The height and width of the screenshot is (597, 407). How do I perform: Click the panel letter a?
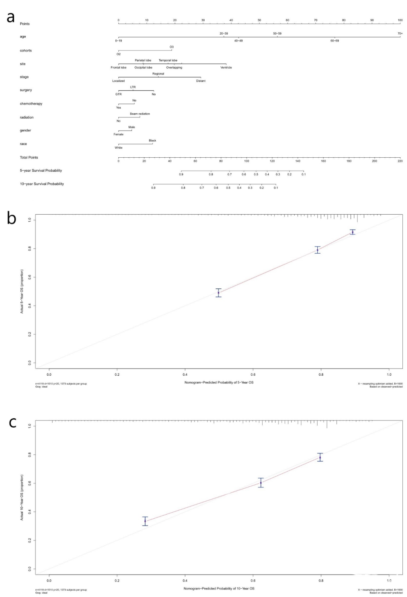[11, 17]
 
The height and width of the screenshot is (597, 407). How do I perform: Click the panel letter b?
[11, 218]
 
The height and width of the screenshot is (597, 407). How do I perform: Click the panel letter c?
[12, 423]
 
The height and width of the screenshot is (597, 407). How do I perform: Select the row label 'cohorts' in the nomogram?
[26, 50]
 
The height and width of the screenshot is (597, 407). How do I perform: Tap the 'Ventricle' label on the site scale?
[226, 67]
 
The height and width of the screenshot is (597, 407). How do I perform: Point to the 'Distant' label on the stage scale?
[200, 81]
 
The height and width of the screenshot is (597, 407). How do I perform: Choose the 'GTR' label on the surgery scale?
[118, 94]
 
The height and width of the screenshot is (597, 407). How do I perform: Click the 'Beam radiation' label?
[140, 114]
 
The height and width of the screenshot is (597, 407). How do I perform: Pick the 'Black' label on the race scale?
[152, 140]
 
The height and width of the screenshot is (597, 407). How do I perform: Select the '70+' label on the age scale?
[400, 34]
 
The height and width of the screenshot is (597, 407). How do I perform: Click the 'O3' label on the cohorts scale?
[171, 47]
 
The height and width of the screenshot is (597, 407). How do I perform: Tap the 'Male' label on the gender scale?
[132, 127]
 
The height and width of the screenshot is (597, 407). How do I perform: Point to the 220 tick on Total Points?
[400, 161]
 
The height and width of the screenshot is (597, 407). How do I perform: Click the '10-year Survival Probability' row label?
[42, 184]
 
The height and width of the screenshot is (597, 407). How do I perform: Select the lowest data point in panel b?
[219, 292]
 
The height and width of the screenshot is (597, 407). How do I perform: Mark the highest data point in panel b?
[352, 232]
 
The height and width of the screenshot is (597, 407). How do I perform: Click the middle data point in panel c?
[261, 483]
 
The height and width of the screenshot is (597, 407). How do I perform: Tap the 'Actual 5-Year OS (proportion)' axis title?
[22, 291]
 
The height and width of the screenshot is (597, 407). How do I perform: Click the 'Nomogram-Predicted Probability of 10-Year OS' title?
[219, 588]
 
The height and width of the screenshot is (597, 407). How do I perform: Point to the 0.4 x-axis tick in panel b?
[185, 375]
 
